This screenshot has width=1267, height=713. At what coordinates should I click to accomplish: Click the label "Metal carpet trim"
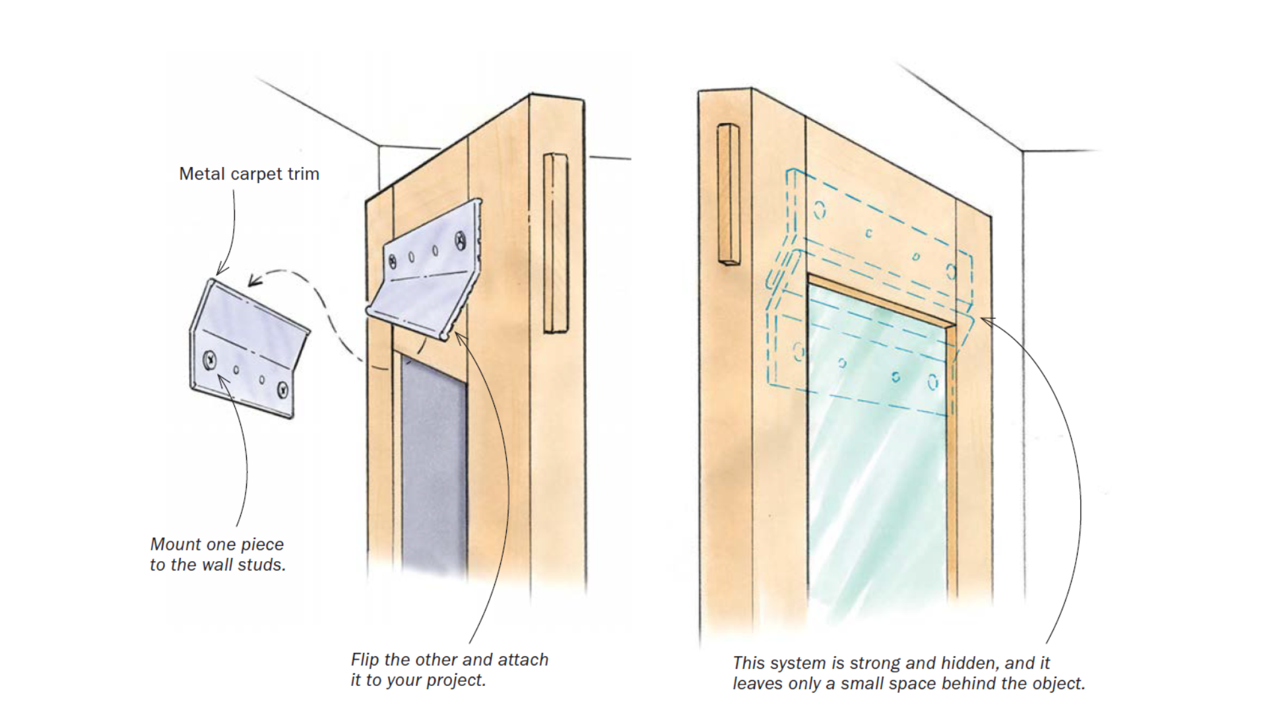tap(249, 174)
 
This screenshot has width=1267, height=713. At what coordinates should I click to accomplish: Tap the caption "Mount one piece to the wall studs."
tap(217, 555)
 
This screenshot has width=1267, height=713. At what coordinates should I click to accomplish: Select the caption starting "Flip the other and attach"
tap(449, 669)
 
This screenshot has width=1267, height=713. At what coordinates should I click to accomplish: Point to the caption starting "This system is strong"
tap(908, 673)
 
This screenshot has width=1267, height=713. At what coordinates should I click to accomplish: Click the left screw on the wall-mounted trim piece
tap(210, 360)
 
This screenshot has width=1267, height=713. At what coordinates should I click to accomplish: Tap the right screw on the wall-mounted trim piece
tap(284, 389)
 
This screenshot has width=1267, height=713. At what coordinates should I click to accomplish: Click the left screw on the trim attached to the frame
tap(393, 261)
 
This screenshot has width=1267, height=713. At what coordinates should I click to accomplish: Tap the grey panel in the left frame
tap(434, 462)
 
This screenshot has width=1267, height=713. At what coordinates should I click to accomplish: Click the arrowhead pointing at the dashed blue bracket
tap(985, 320)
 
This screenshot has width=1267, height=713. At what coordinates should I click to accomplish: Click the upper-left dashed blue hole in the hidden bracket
tap(820, 211)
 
